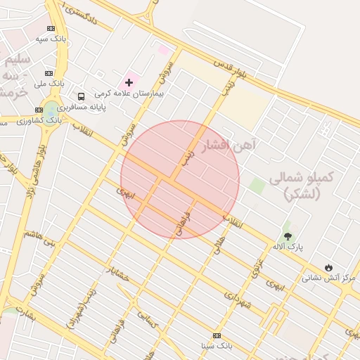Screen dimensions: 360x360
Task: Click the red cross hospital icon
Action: point(129,82)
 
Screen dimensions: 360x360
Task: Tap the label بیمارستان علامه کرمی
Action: point(129,94)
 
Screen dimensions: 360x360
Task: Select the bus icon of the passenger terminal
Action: point(82,97)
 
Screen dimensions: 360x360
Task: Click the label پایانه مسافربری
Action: point(82,108)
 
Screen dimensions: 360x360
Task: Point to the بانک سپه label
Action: point(52,39)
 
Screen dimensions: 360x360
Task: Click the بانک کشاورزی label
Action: point(41,120)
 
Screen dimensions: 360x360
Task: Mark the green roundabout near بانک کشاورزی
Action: point(51,110)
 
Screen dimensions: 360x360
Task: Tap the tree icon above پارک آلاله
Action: point(287,236)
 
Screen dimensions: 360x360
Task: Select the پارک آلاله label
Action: point(287,247)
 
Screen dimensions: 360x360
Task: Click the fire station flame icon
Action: point(328,267)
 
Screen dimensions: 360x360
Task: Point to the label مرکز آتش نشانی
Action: point(329,278)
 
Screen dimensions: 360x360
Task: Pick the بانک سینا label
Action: point(217,346)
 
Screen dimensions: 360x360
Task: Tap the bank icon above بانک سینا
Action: point(217,335)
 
